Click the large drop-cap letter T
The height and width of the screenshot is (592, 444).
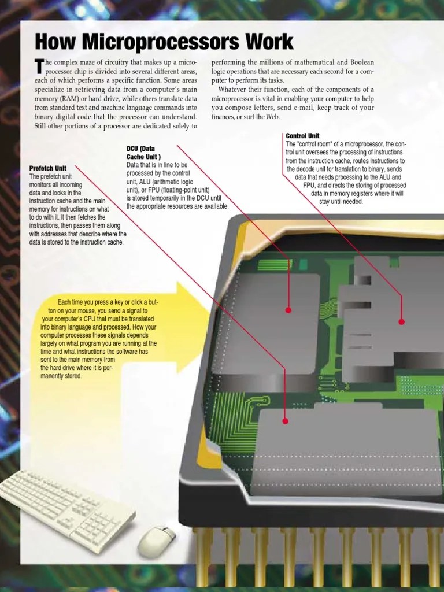(x=39, y=66)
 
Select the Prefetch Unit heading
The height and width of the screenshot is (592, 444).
(x=48, y=168)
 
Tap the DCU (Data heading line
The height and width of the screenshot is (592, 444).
(x=142, y=149)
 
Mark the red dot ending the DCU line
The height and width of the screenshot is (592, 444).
(x=288, y=310)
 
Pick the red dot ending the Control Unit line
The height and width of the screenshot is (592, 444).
(x=402, y=322)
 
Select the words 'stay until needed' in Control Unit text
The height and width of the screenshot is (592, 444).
(x=341, y=202)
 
